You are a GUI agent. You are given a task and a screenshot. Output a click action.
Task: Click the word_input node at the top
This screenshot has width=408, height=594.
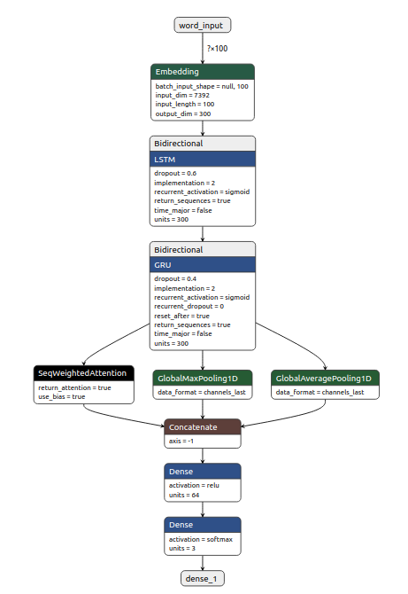pos(203,25)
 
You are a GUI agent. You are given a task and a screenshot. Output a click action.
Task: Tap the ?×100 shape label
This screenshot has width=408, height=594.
pos(217,48)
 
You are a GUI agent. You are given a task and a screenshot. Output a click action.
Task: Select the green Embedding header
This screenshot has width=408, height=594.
pos(203,72)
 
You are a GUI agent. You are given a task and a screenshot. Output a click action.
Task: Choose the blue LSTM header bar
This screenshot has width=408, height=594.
pos(203,159)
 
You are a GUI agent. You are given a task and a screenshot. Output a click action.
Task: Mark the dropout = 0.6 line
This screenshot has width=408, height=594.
pos(175,174)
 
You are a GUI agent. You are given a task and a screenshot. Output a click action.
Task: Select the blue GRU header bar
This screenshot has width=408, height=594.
pos(203,264)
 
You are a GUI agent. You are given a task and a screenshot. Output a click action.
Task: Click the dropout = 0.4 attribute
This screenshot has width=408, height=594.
pos(175,279)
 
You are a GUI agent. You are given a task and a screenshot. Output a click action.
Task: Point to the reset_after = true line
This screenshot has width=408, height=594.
pos(182,316)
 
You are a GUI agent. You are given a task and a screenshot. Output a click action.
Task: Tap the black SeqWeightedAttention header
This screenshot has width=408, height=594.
pos(85,373)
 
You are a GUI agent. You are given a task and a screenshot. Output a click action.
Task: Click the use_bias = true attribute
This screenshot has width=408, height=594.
pos(62,396)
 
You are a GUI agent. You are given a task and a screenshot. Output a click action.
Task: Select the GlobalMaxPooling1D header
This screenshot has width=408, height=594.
pos(204,378)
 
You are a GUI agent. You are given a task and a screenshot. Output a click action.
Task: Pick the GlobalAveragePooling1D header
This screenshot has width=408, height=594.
pos(325,378)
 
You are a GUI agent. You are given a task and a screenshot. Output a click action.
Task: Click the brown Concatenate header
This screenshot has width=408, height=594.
pos(203,427)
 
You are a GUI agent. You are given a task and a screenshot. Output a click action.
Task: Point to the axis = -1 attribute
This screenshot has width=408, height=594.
pos(181,441)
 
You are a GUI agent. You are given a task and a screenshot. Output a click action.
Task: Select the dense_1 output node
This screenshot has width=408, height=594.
pos(203,578)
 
